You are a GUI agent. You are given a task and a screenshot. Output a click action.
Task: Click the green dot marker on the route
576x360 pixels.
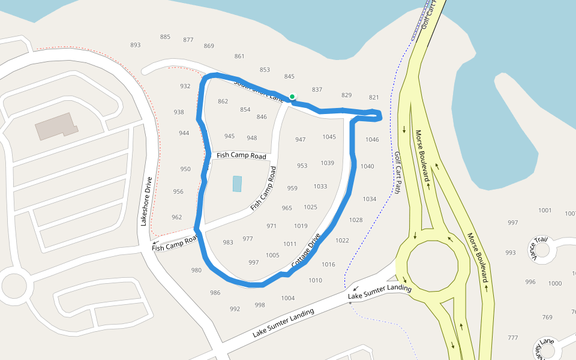pyautogui.click(x=292, y=97)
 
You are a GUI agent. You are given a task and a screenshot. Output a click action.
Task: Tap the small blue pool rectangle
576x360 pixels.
pyautogui.click(x=237, y=184)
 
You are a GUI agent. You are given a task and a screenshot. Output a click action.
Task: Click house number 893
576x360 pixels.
pyautogui.click(x=135, y=45)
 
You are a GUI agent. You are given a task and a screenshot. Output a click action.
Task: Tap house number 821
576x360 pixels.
pyautogui.click(x=374, y=97)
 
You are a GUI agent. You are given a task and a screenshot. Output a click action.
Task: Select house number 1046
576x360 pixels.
pyautogui.click(x=372, y=140)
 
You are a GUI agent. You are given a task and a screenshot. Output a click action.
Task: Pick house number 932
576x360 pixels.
pyautogui.click(x=185, y=86)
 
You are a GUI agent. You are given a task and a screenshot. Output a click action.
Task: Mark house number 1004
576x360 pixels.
pyautogui.click(x=288, y=298)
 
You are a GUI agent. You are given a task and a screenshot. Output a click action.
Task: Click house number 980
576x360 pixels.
pyautogui.click(x=196, y=270)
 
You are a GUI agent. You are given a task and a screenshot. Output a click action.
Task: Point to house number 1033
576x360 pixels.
pyautogui.click(x=320, y=187)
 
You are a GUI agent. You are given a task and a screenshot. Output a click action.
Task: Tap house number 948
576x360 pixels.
pyautogui.click(x=251, y=138)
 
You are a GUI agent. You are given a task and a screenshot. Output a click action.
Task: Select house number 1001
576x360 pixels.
pyautogui.click(x=545, y=210)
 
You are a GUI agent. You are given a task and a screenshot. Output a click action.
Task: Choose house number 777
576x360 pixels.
pyautogui.click(x=512, y=338)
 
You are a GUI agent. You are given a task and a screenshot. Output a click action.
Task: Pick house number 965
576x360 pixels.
pyautogui.click(x=287, y=208)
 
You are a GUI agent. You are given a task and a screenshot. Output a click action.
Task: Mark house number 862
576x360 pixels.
pyautogui.click(x=223, y=101)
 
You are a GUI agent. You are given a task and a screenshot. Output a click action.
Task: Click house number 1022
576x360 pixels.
pyautogui.click(x=342, y=241)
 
